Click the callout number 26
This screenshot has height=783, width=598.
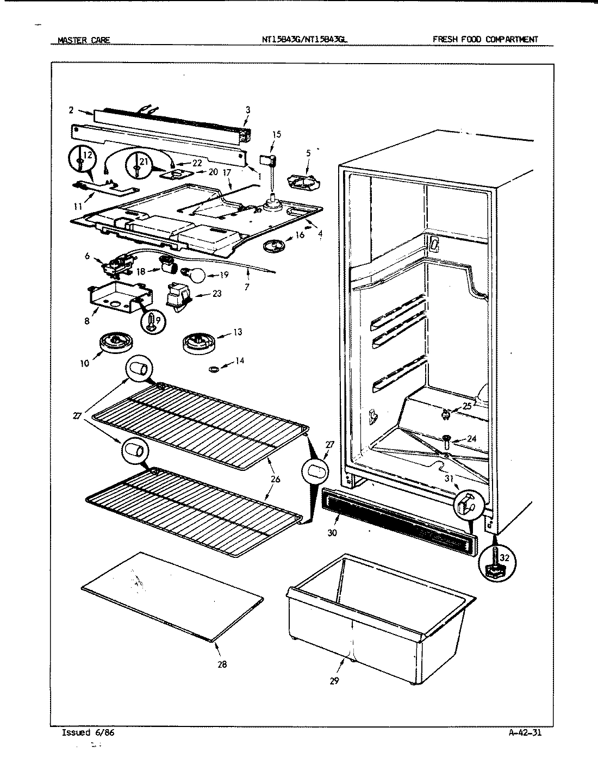[x=276, y=479]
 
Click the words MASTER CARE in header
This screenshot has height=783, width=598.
[x=84, y=40]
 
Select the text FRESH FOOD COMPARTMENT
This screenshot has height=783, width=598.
[x=485, y=39]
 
